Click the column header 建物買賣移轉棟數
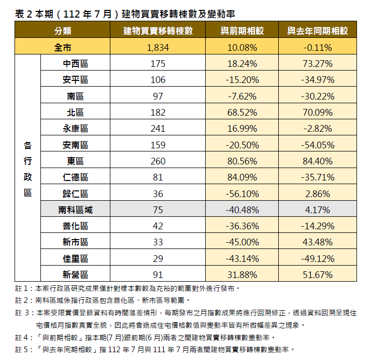pyautogui.click(x=159, y=31)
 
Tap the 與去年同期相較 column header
pyautogui.click(x=318, y=31)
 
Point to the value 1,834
pyautogui.click(x=159, y=48)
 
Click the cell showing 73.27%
pyautogui.click(x=318, y=64)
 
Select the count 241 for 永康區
pyautogui.click(x=159, y=129)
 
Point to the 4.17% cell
pyautogui.click(x=318, y=210)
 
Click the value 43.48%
pyautogui.click(x=318, y=242)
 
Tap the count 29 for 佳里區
pyautogui.click(x=159, y=259)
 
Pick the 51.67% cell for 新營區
pyautogui.click(x=318, y=275)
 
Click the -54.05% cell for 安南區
pyautogui.click(x=318, y=145)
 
